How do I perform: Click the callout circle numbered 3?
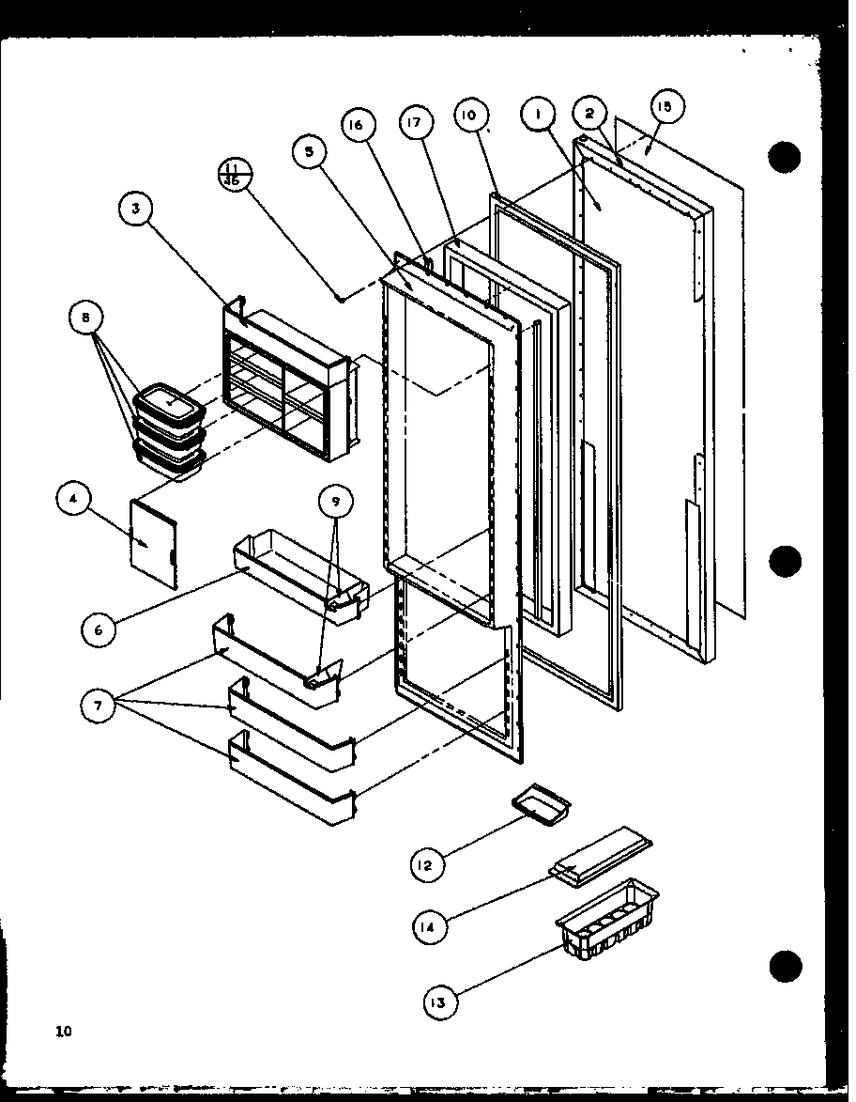click(x=136, y=209)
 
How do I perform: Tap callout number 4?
click(x=73, y=499)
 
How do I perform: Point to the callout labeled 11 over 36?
click(x=231, y=175)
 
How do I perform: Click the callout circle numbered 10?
click(x=469, y=116)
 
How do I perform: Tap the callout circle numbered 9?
click(x=335, y=502)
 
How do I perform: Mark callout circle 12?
click(x=425, y=864)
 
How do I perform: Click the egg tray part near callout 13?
click(x=605, y=916)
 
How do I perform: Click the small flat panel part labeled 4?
click(x=150, y=544)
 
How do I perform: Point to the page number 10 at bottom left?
click(x=63, y=1032)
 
